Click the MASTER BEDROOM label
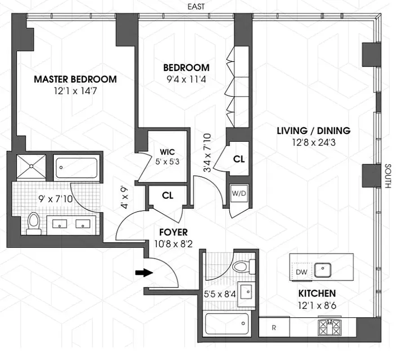click(x=76, y=79)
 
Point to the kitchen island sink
click(x=323, y=270)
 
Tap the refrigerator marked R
click(x=274, y=327)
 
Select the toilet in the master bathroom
click(x=33, y=223)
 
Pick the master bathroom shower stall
click(x=31, y=166)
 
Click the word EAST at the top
click(x=194, y=6)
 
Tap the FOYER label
click(x=173, y=232)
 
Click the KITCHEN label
click(x=317, y=293)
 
